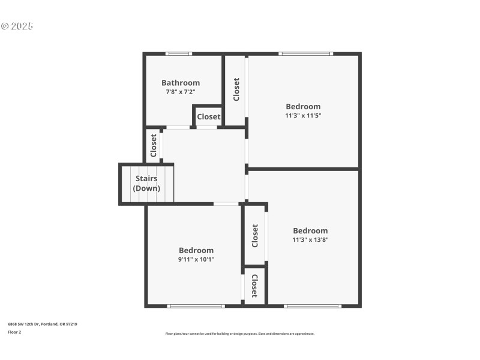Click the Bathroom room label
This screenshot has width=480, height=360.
point(181,83)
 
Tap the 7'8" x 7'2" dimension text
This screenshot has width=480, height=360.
point(181,92)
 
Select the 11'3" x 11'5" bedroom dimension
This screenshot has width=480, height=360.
point(303,115)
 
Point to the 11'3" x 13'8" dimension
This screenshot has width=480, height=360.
point(310,239)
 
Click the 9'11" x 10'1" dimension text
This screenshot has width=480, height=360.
point(196,259)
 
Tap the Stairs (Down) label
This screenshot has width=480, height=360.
point(147,183)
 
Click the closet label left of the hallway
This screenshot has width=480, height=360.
point(154,145)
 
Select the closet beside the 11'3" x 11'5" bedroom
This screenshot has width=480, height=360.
point(236,89)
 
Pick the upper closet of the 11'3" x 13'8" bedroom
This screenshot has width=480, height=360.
point(255,236)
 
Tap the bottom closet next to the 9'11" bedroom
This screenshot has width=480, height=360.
point(254,286)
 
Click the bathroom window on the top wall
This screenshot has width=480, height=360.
point(179,54)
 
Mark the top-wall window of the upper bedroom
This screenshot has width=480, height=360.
point(305,54)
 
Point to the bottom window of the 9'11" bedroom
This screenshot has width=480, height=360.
point(196,306)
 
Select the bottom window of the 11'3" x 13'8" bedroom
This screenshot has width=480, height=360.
point(312,306)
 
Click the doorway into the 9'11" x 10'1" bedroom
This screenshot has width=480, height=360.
point(226,204)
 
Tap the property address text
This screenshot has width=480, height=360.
point(42,324)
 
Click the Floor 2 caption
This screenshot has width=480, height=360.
point(14,332)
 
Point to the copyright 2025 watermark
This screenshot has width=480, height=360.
point(17,26)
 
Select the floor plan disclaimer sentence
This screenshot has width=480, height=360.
point(239,334)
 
